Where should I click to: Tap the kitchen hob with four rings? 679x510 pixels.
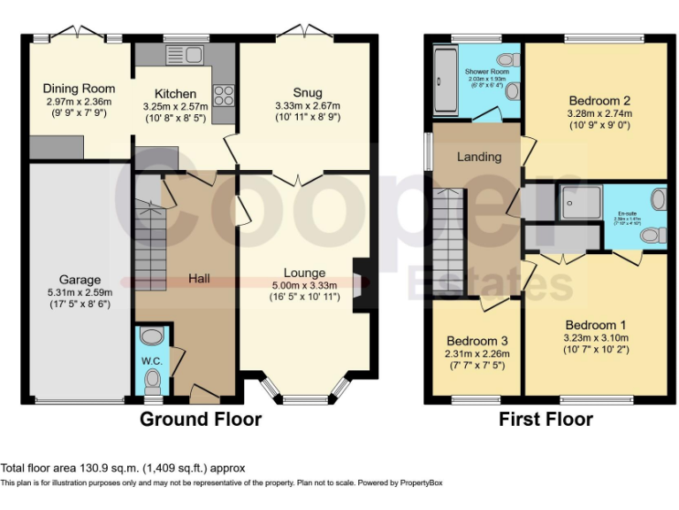[x=223, y=94]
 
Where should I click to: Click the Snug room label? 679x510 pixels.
[x=308, y=93]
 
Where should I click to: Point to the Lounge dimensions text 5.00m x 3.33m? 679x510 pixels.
[x=304, y=286]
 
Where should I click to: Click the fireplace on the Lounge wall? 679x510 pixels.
[x=361, y=285]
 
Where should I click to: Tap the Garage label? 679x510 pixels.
[x=80, y=281]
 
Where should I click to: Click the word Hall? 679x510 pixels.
[x=199, y=279]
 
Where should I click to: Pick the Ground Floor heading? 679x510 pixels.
[x=201, y=419]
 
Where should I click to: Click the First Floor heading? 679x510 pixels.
[x=545, y=419]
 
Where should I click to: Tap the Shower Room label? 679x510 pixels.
[x=477, y=69]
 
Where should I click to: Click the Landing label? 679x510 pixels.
[x=479, y=157]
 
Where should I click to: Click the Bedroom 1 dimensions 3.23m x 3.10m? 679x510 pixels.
[x=597, y=337]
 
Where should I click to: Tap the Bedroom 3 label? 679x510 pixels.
[x=477, y=341]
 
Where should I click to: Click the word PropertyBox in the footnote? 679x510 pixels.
[x=420, y=483]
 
